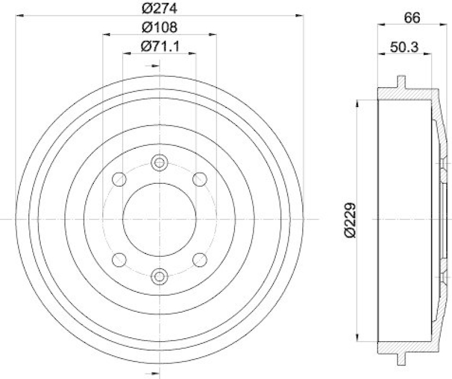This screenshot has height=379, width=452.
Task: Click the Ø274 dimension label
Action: pyautogui.click(x=159, y=8)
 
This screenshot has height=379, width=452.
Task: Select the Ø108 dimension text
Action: pyautogui.click(x=159, y=27)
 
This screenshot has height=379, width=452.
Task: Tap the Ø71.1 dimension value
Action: pyautogui.click(x=159, y=46)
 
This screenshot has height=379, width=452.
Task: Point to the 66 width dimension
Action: pyautogui.click(x=412, y=18)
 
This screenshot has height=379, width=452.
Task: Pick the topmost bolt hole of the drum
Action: pyautogui.click(x=159, y=163)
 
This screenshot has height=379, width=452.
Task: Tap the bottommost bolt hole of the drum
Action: pyautogui.click(x=159, y=276)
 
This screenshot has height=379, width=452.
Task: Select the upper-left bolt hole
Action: pyautogui.click(x=119, y=179)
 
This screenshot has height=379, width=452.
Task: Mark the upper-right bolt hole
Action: pyautogui.click(x=199, y=179)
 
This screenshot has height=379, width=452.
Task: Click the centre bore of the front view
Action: pyautogui.click(x=159, y=219)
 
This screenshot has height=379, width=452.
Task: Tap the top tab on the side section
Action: pyautogui.click(x=401, y=82)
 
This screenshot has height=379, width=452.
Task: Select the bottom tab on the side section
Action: pyautogui.click(x=401, y=358)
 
